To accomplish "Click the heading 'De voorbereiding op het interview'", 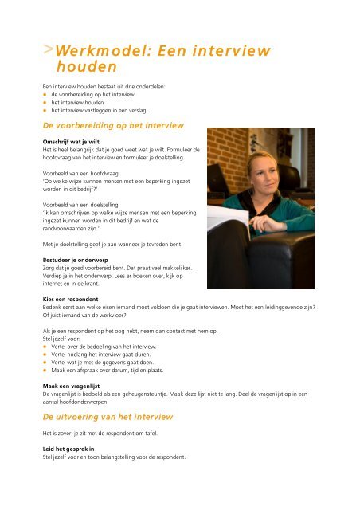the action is coord(114,126).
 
